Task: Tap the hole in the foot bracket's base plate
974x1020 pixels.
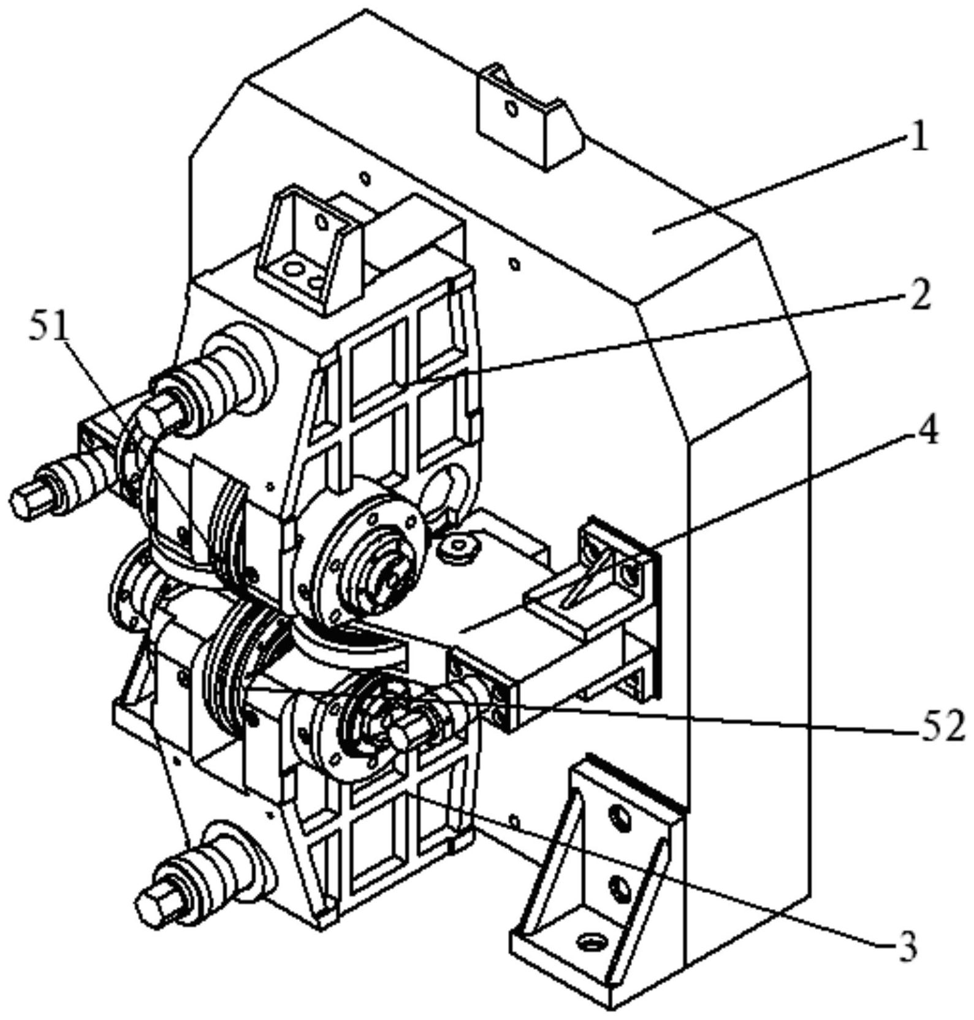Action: click(590, 940)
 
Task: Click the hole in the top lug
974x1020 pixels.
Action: click(509, 109)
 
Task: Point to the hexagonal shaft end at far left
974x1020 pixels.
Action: click(26, 498)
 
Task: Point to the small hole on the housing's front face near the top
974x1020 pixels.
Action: click(365, 178)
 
